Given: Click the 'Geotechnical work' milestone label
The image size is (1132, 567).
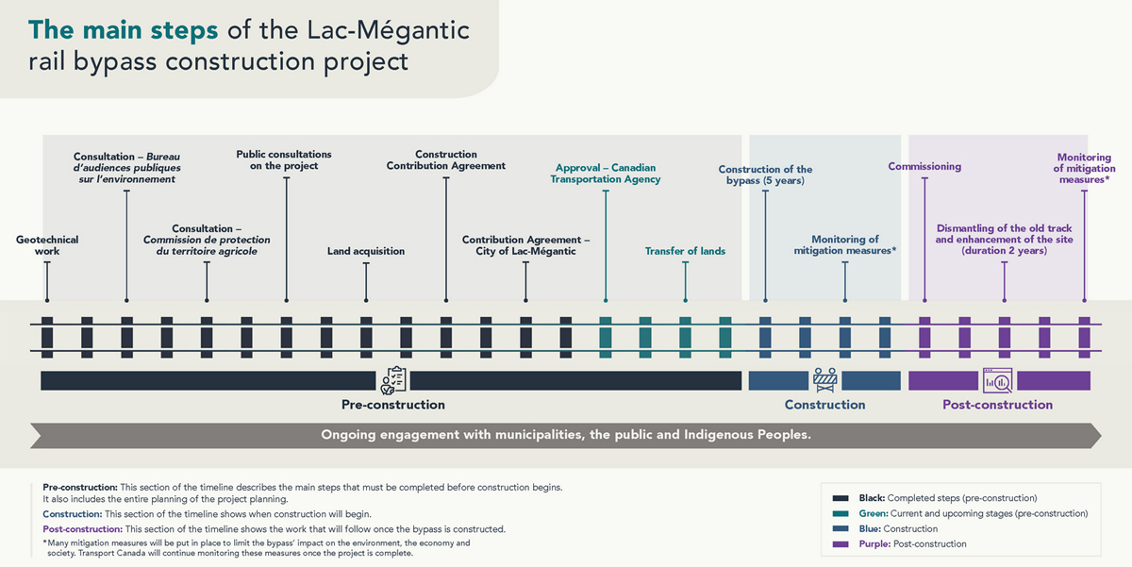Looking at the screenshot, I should click(47, 245).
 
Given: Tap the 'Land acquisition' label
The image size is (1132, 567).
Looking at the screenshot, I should click(366, 252).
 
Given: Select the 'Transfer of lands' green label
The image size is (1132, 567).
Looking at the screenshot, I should click(685, 252).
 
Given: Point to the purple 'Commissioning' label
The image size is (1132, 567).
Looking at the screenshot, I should click(924, 167).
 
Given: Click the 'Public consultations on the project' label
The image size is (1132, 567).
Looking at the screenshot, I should click(284, 159).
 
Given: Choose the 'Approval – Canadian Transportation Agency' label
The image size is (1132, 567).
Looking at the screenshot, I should click(606, 174).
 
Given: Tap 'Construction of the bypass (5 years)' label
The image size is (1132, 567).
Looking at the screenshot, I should click(765, 175).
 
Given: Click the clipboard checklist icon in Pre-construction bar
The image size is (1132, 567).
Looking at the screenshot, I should click(392, 379).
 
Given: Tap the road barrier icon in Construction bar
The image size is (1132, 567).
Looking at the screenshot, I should click(825, 379).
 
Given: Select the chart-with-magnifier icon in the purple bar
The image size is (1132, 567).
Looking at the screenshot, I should click(997, 379).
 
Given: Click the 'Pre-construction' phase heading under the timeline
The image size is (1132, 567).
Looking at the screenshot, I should click(392, 405).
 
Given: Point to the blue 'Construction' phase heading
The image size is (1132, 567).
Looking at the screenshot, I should click(824, 405).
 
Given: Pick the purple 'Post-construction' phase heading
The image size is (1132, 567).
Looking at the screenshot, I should click(997, 405).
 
